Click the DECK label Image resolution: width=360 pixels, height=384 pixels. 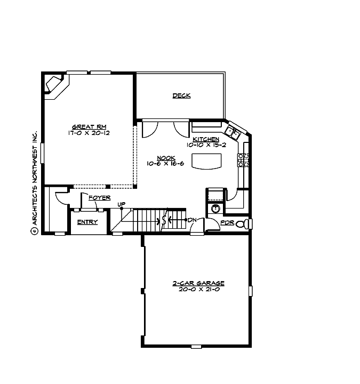pyautogui.click(x=181, y=96)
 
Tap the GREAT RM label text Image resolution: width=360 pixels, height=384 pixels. pyautogui.click(x=85, y=126)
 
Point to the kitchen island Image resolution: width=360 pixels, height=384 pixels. pyautogui.click(x=207, y=161)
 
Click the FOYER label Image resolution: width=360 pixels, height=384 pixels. pyautogui.click(x=99, y=198)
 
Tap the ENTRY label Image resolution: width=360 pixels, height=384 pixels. pyautogui.click(x=87, y=222)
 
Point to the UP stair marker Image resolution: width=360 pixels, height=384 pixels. pyautogui.click(x=122, y=205)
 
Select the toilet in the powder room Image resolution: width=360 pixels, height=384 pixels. pyautogui.click(x=242, y=223)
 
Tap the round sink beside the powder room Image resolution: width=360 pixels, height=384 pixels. pyautogui.click(x=215, y=208)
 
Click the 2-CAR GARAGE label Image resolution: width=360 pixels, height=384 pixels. pyautogui.click(x=198, y=283)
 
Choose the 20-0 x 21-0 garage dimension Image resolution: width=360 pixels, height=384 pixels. pyautogui.click(x=198, y=290)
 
